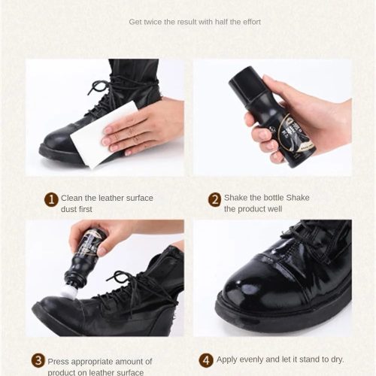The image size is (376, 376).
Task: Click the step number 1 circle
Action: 51,199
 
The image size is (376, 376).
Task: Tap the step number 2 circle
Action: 215,199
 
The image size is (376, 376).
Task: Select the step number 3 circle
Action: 38,360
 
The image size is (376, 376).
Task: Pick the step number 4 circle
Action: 206,360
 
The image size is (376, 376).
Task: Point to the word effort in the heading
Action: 252,22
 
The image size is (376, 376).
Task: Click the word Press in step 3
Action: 58,362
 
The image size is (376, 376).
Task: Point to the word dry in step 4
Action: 337,359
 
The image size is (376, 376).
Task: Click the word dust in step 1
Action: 68,209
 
